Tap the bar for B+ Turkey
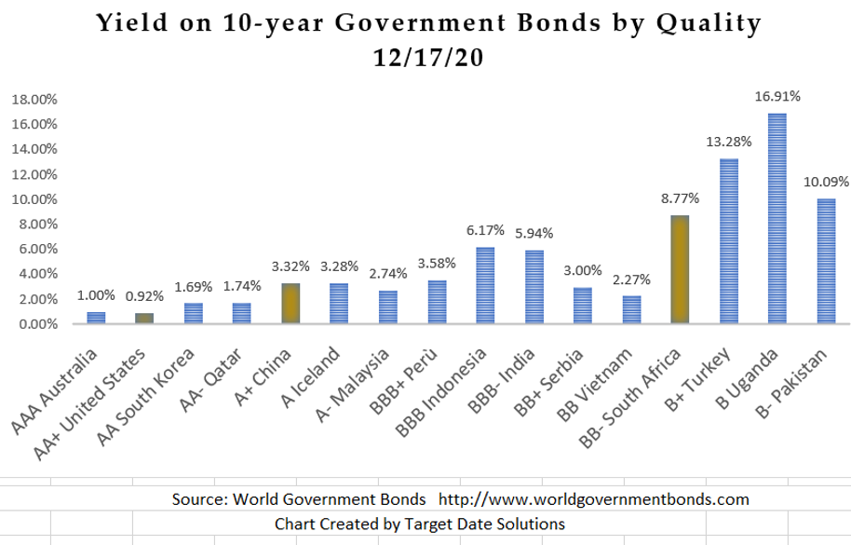[x=729, y=241]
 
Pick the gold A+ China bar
[x=291, y=304]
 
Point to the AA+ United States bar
[x=145, y=319]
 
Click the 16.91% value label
[x=777, y=96]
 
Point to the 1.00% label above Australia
[x=97, y=295]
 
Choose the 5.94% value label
[x=534, y=234]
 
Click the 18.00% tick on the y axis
[x=34, y=99]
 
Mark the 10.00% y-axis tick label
[x=34, y=199]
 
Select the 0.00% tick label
[x=36, y=324]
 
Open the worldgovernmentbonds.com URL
[x=593, y=499]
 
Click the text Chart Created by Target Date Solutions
[x=419, y=524]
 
